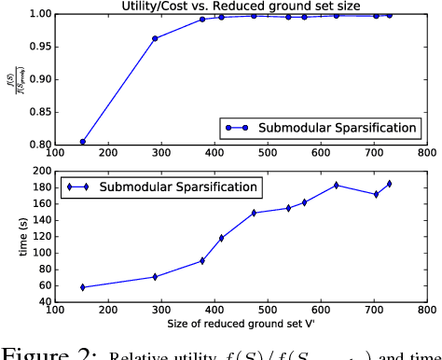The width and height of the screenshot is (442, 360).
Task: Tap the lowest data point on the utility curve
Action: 83,142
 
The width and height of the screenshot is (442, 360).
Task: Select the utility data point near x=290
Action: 155,39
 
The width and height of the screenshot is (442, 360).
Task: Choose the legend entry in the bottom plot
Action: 163,187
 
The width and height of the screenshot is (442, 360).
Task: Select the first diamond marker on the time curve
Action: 83,287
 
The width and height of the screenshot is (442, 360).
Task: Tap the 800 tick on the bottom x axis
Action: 426,311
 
